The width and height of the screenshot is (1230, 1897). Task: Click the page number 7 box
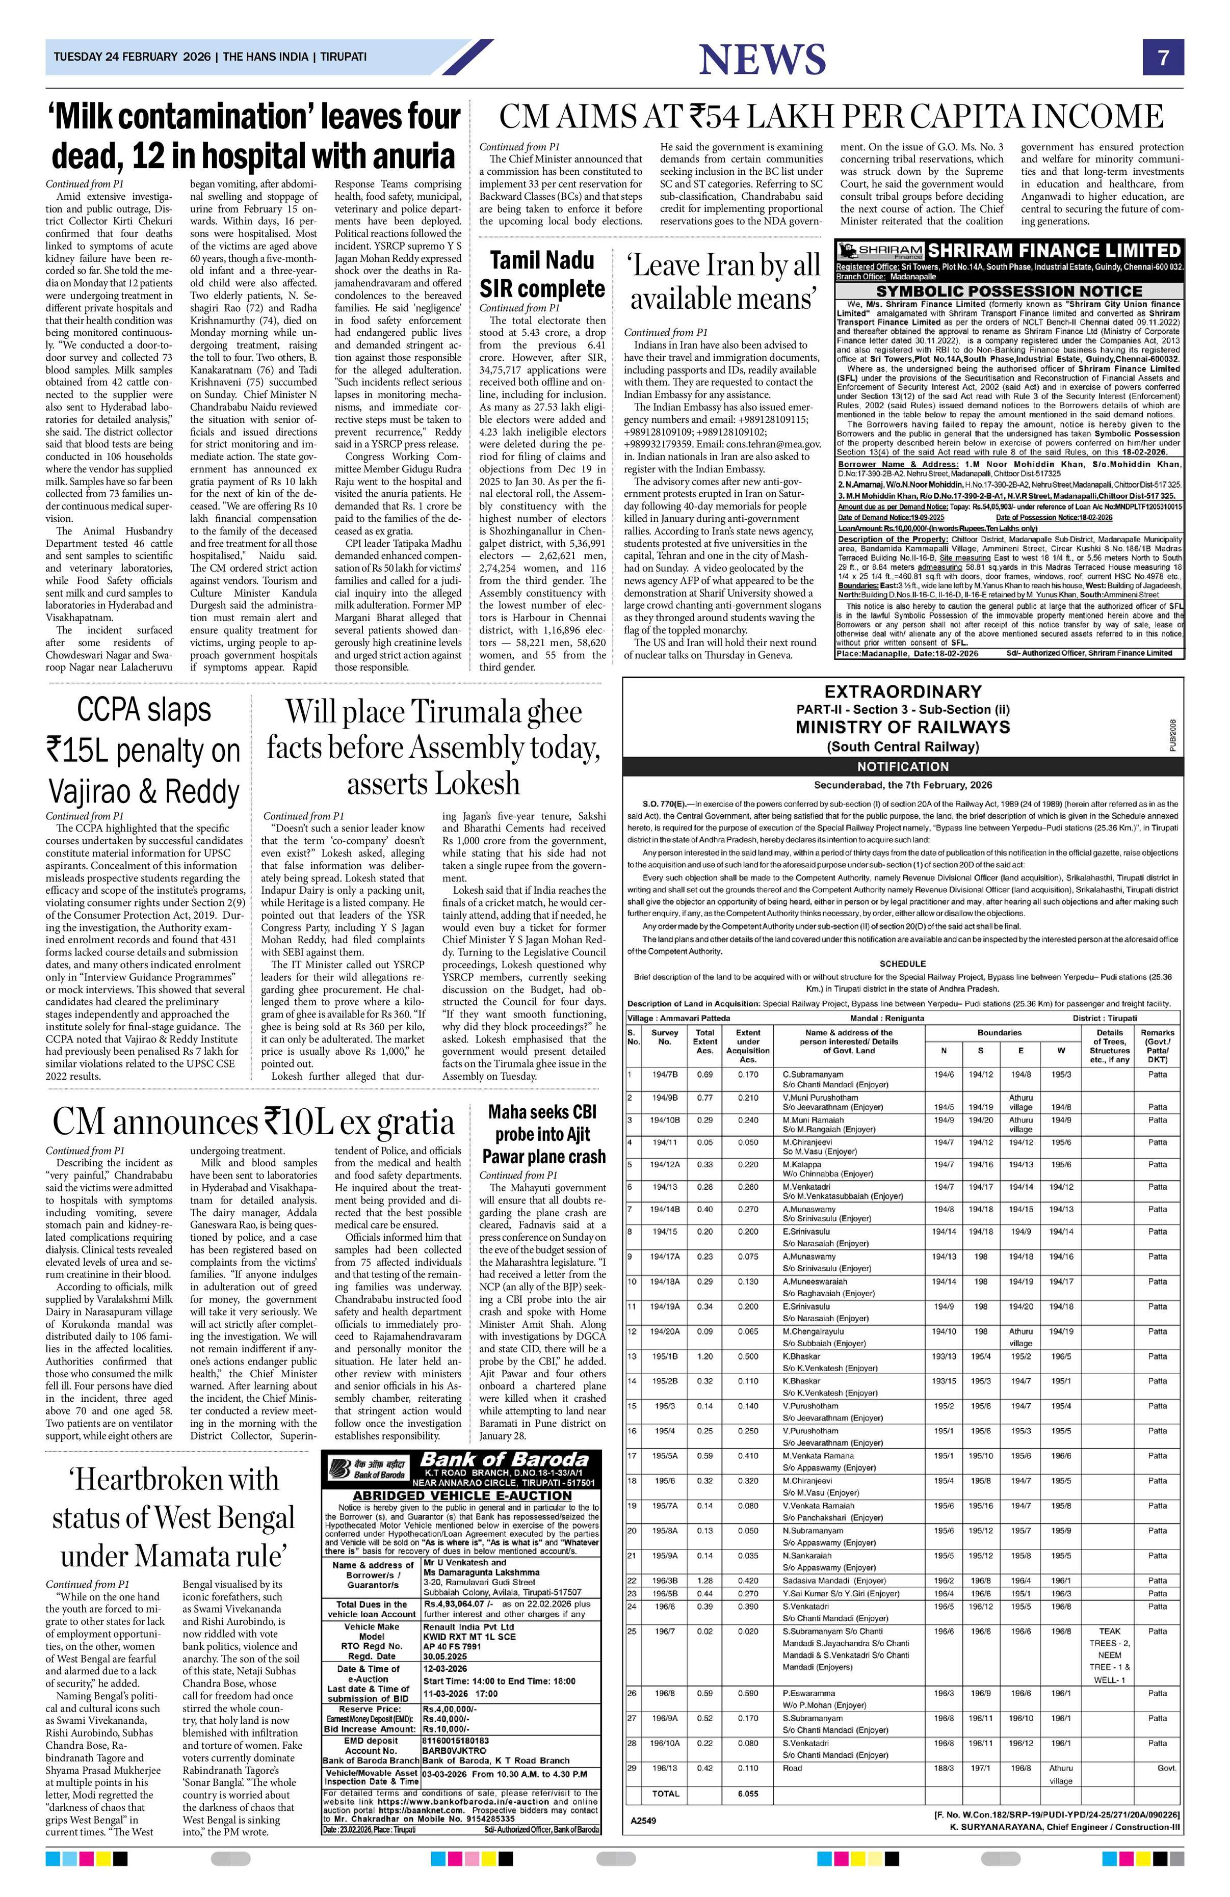coord(1163,58)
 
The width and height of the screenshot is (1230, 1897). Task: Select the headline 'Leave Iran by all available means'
coord(723,282)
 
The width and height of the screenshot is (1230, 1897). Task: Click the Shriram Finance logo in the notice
coord(879,250)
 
